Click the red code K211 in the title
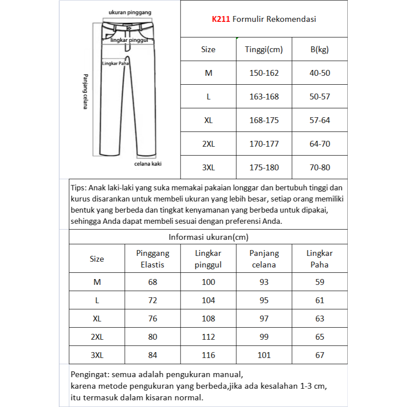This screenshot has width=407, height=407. [x=221, y=20]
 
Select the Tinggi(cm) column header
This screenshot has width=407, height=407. [x=264, y=49]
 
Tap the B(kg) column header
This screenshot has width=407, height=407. [x=319, y=49]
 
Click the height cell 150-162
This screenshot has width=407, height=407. [x=264, y=73]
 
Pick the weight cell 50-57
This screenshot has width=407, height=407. [x=320, y=97]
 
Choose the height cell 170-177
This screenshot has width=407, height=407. [x=264, y=144]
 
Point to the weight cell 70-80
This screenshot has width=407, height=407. [x=320, y=168]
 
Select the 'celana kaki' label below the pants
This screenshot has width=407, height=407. [x=148, y=164]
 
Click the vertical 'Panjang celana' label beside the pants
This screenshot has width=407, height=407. [x=85, y=91]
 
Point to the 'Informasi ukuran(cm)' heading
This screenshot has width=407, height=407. [x=208, y=237]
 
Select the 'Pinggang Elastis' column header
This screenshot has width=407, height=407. [x=152, y=259]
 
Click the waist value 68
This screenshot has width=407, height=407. [x=152, y=282]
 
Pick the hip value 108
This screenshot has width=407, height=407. [x=208, y=319]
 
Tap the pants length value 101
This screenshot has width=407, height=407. [x=264, y=355]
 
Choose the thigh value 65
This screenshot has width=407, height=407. [x=320, y=337]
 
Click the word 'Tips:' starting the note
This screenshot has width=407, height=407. [x=79, y=188]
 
